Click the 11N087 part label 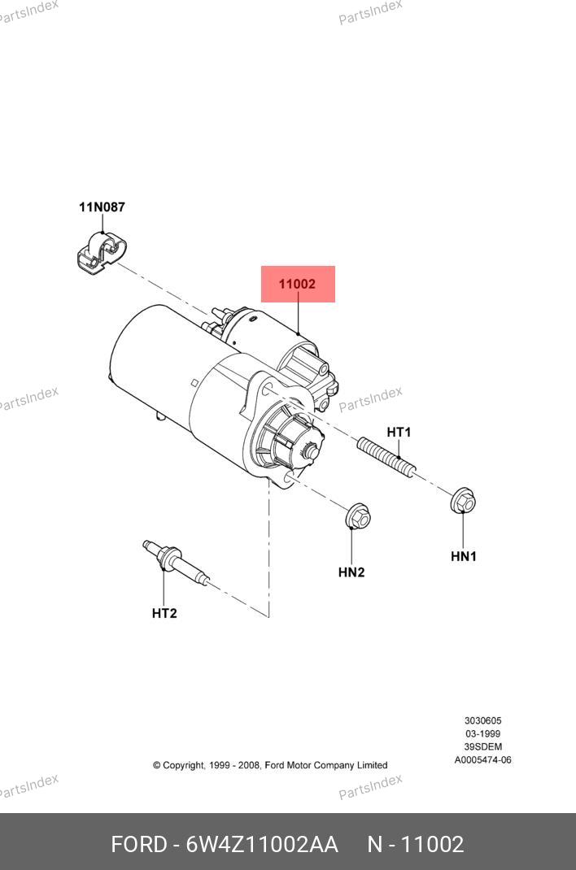click(x=103, y=207)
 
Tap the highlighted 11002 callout click(x=298, y=284)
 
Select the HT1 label click(x=399, y=432)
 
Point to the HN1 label click(x=464, y=556)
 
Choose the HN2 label click(x=351, y=572)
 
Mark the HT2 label click(x=164, y=613)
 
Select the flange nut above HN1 click(x=463, y=501)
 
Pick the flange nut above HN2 click(x=358, y=516)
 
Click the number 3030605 click(x=482, y=720)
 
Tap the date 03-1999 click(x=482, y=733)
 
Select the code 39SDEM click(x=482, y=747)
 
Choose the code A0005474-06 click(x=482, y=760)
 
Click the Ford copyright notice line click(x=270, y=765)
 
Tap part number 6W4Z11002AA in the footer click(x=261, y=845)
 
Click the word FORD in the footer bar click(x=139, y=845)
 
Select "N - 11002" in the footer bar click(x=416, y=845)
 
